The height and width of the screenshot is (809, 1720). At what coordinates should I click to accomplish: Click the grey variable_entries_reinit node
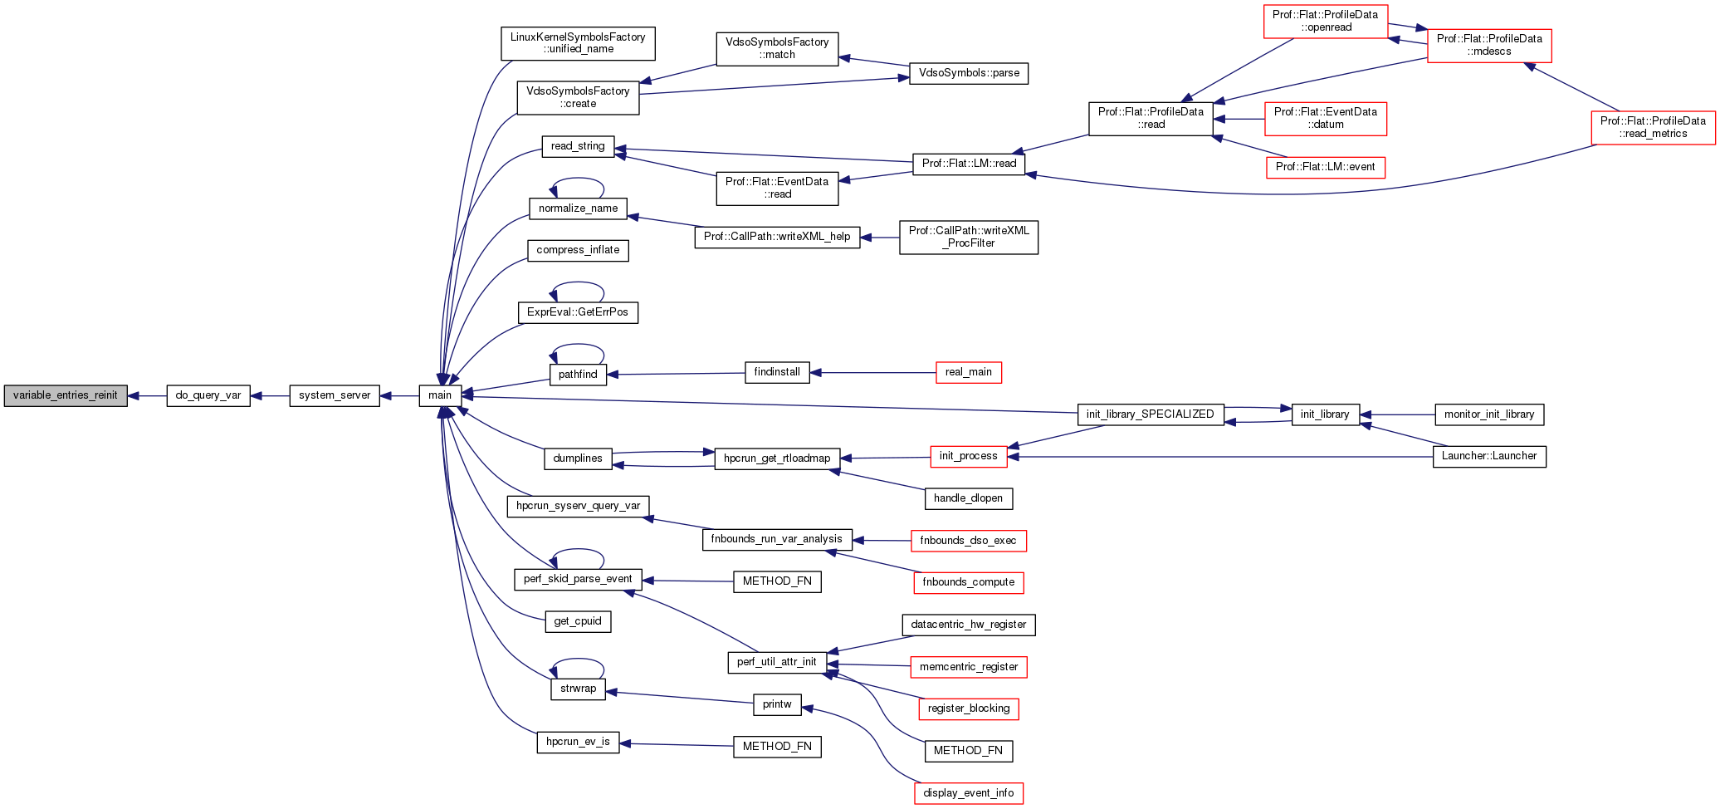[x=66, y=395]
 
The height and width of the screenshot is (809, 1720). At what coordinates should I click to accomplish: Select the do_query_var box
[x=208, y=395]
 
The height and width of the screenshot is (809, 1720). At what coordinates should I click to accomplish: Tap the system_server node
[x=335, y=395]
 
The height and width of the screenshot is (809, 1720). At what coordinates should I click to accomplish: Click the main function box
[x=440, y=395]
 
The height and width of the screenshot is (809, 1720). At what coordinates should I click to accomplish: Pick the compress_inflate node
[x=578, y=250]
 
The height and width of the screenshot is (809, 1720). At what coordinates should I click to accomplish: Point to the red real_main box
[x=968, y=372]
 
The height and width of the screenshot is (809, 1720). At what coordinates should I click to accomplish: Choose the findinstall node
[x=777, y=372]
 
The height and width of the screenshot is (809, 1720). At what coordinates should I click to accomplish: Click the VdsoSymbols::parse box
[x=968, y=73]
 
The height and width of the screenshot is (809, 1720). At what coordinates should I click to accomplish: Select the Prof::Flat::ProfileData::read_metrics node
[x=1653, y=127]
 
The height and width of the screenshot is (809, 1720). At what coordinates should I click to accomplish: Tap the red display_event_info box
[x=968, y=793]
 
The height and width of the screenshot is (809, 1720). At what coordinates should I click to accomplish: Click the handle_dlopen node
[x=968, y=498]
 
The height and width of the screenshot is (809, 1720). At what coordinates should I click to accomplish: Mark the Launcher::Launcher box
[x=1489, y=456]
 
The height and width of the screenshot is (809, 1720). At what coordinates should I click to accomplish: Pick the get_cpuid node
[x=578, y=621]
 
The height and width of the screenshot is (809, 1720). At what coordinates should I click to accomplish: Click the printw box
[x=777, y=704]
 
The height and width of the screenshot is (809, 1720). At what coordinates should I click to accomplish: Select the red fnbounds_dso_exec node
[x=968, y=541]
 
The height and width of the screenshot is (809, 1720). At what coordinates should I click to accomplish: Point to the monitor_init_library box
[x=1489, y=414]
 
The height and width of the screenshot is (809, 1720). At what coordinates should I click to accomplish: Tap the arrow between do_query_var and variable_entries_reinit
[x=148, y=396]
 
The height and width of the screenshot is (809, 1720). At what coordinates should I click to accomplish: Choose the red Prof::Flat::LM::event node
[x=1325, y=167]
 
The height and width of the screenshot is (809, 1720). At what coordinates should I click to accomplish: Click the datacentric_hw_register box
[x=968, y=625]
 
